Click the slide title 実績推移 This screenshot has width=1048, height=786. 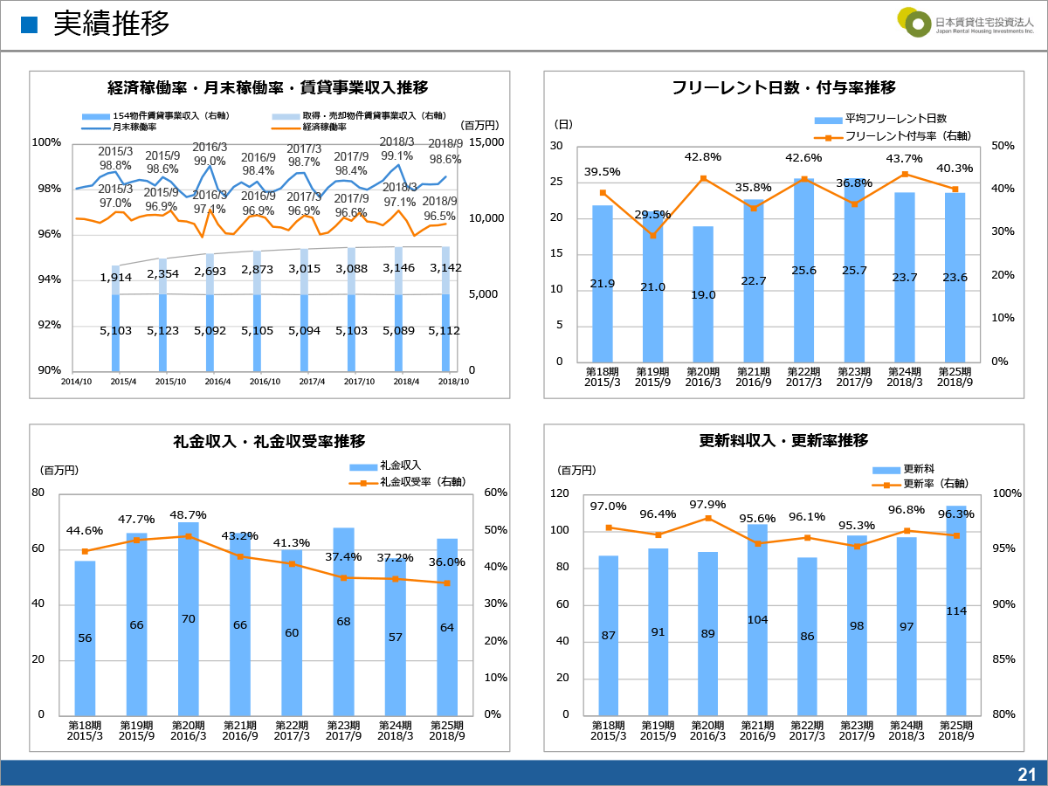[x=111, y=24]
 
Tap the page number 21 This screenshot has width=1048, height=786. [x=1026, y=774]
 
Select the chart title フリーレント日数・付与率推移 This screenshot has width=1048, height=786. [x=783, y=87]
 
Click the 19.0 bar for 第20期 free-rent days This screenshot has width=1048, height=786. [x=703, y=294]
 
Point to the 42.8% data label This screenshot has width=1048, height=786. [x=703, y=157]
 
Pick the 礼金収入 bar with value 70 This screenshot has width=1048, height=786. [x=189, y=618]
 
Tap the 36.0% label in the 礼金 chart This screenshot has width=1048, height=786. [x=447, y=562]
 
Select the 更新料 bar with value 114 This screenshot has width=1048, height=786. [x=956, y=610]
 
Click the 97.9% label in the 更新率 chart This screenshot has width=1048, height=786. [x=707, y=505]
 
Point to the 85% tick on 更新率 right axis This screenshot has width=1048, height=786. [x=1003, y=659]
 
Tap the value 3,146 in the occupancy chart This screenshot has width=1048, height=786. [x=398, y=268]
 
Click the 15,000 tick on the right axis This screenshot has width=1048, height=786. [x=486, y=142]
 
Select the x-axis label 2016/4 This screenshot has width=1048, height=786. [x=217, y=382]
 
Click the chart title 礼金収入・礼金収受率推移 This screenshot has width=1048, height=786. [x=270, y=441]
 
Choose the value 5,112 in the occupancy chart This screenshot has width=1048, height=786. [x=445, y=331]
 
